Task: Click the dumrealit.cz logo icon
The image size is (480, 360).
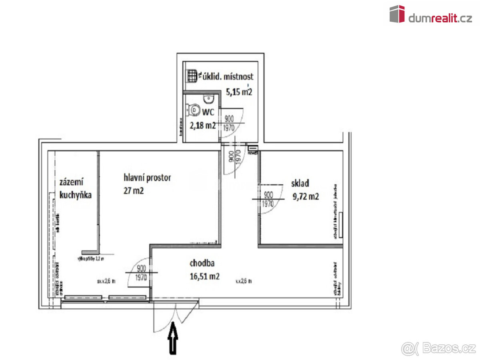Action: click(397, 14)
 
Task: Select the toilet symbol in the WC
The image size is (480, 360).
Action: click(194, 109)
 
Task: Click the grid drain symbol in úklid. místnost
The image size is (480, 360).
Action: click(192, 76)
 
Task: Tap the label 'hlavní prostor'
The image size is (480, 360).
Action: click(147, 178)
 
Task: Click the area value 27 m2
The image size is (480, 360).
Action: click(134, 190)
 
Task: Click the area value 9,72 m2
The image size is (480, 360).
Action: click(306, 196)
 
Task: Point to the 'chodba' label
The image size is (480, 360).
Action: click(202, 263)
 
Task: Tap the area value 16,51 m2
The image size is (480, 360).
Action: click(204, 276)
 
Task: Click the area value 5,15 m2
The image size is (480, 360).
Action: click(239, 92)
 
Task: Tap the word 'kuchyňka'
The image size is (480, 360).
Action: click(76, 195)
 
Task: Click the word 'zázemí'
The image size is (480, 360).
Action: click(71, 182)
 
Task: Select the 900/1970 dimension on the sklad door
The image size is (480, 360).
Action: click(268, 199)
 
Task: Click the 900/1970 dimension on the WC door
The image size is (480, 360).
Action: click(229, 123)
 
